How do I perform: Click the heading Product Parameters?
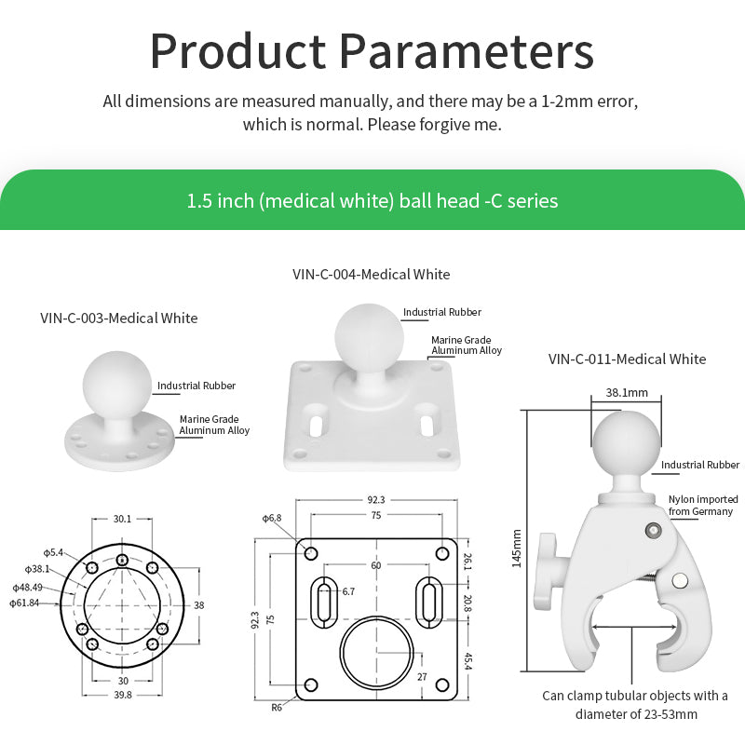(372, 51)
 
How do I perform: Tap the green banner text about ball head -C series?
(372, 200)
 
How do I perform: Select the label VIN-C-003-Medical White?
(119, 318)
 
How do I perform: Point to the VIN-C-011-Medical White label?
(627, 359)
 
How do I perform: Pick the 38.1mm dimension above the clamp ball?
(627, 393)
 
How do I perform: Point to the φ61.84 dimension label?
(25, 603)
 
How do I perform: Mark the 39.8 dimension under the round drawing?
(122, 695)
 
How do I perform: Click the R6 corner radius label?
(277, 708)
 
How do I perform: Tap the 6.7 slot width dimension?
(348, 590)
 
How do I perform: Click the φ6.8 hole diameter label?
(271, 518)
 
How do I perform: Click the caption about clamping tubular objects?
(635, 705)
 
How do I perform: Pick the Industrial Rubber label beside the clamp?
(700, 465)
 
